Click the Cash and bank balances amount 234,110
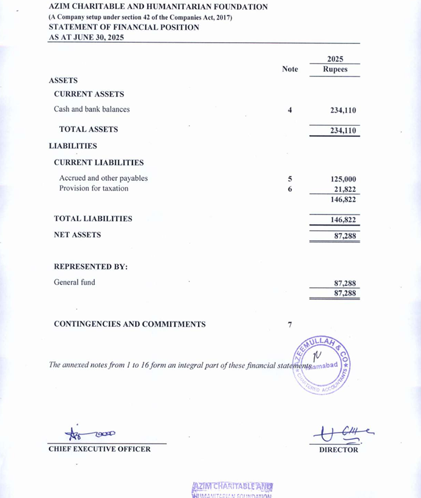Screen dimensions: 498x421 click(343, 111)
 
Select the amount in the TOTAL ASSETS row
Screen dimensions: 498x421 click(343, 131)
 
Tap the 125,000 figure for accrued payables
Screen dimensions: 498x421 click(343, 179)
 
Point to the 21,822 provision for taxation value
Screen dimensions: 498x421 click(345, 189)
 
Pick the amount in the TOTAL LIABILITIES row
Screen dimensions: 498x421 click(343, 219)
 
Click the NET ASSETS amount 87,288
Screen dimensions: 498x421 click(345, 235)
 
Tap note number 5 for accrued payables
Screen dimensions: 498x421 click(290, 179)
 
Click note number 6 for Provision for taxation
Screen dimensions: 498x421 click(290, 189)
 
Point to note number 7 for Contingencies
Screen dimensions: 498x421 click(290, 325)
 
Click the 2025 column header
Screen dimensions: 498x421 click(335, 59)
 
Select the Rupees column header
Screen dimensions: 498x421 click(335, 70)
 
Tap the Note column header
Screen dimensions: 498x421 click(290, 69)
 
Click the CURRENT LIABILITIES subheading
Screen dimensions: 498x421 click(99, 163)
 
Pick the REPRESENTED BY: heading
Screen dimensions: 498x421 click(90, 267)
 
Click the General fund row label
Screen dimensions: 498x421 click(75, 283)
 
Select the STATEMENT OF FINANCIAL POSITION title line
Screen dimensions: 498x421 click(123, 27)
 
